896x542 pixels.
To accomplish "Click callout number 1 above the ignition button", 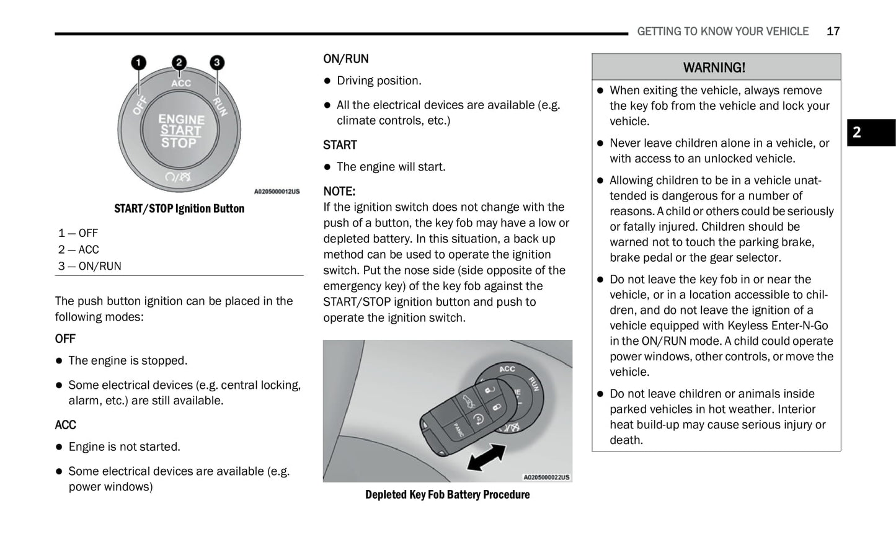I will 138,63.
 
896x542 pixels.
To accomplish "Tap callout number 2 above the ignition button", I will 179,63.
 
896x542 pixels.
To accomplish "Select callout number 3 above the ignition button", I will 216,63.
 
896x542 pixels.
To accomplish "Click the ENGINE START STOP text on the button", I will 180,131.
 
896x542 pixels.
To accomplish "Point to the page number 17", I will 833,32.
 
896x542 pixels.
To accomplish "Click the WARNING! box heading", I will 714,68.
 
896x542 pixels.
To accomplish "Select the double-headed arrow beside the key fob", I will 486,459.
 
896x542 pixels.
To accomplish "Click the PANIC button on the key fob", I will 458,429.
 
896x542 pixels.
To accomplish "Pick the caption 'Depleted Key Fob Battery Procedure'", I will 447,494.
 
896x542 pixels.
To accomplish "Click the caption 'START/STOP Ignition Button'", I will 179,208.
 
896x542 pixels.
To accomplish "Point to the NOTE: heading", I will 339,191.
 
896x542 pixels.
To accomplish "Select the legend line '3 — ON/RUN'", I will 90,266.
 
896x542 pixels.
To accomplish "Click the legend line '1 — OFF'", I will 78,233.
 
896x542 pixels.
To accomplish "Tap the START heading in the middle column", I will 340,145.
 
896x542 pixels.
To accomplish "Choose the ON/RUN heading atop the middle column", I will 345,59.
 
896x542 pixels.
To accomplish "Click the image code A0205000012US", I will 277,192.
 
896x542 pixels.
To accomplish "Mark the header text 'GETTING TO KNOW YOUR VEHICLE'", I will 722,32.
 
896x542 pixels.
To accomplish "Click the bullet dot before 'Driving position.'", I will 328,81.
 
